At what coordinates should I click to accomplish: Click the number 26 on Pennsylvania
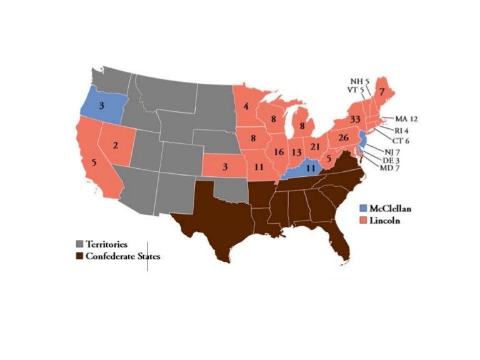(343, 137)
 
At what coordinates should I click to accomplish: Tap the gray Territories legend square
(79, 244)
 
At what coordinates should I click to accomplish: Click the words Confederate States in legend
(119, 256)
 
